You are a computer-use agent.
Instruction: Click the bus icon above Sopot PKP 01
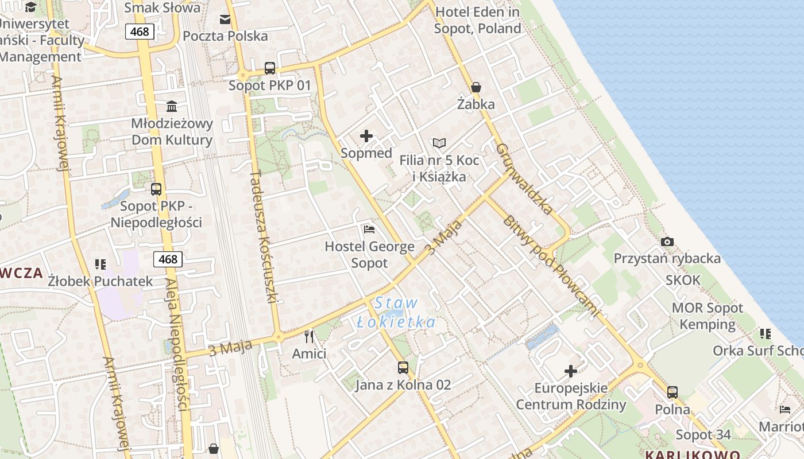270,68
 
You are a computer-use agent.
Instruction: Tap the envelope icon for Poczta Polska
225,20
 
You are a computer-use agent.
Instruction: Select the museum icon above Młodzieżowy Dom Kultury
172,106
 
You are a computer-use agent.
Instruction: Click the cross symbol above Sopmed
366,136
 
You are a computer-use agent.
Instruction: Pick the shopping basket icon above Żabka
476,88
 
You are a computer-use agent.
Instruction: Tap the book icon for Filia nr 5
439,143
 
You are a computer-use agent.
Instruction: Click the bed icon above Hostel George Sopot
369,229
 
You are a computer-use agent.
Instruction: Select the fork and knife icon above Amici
309,336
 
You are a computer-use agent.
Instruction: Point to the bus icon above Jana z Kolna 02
403,367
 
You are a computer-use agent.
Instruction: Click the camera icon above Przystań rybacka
667,242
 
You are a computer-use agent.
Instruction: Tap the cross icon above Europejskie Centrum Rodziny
571,371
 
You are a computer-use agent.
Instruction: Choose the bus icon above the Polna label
672,392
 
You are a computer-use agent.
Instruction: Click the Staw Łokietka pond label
396,312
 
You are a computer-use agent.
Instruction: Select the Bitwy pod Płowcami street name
551,266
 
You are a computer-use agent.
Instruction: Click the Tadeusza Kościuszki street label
264,236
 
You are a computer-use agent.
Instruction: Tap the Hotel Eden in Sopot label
478,20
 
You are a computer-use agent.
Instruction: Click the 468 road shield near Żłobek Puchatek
168,259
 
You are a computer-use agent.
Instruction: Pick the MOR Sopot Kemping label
708,316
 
